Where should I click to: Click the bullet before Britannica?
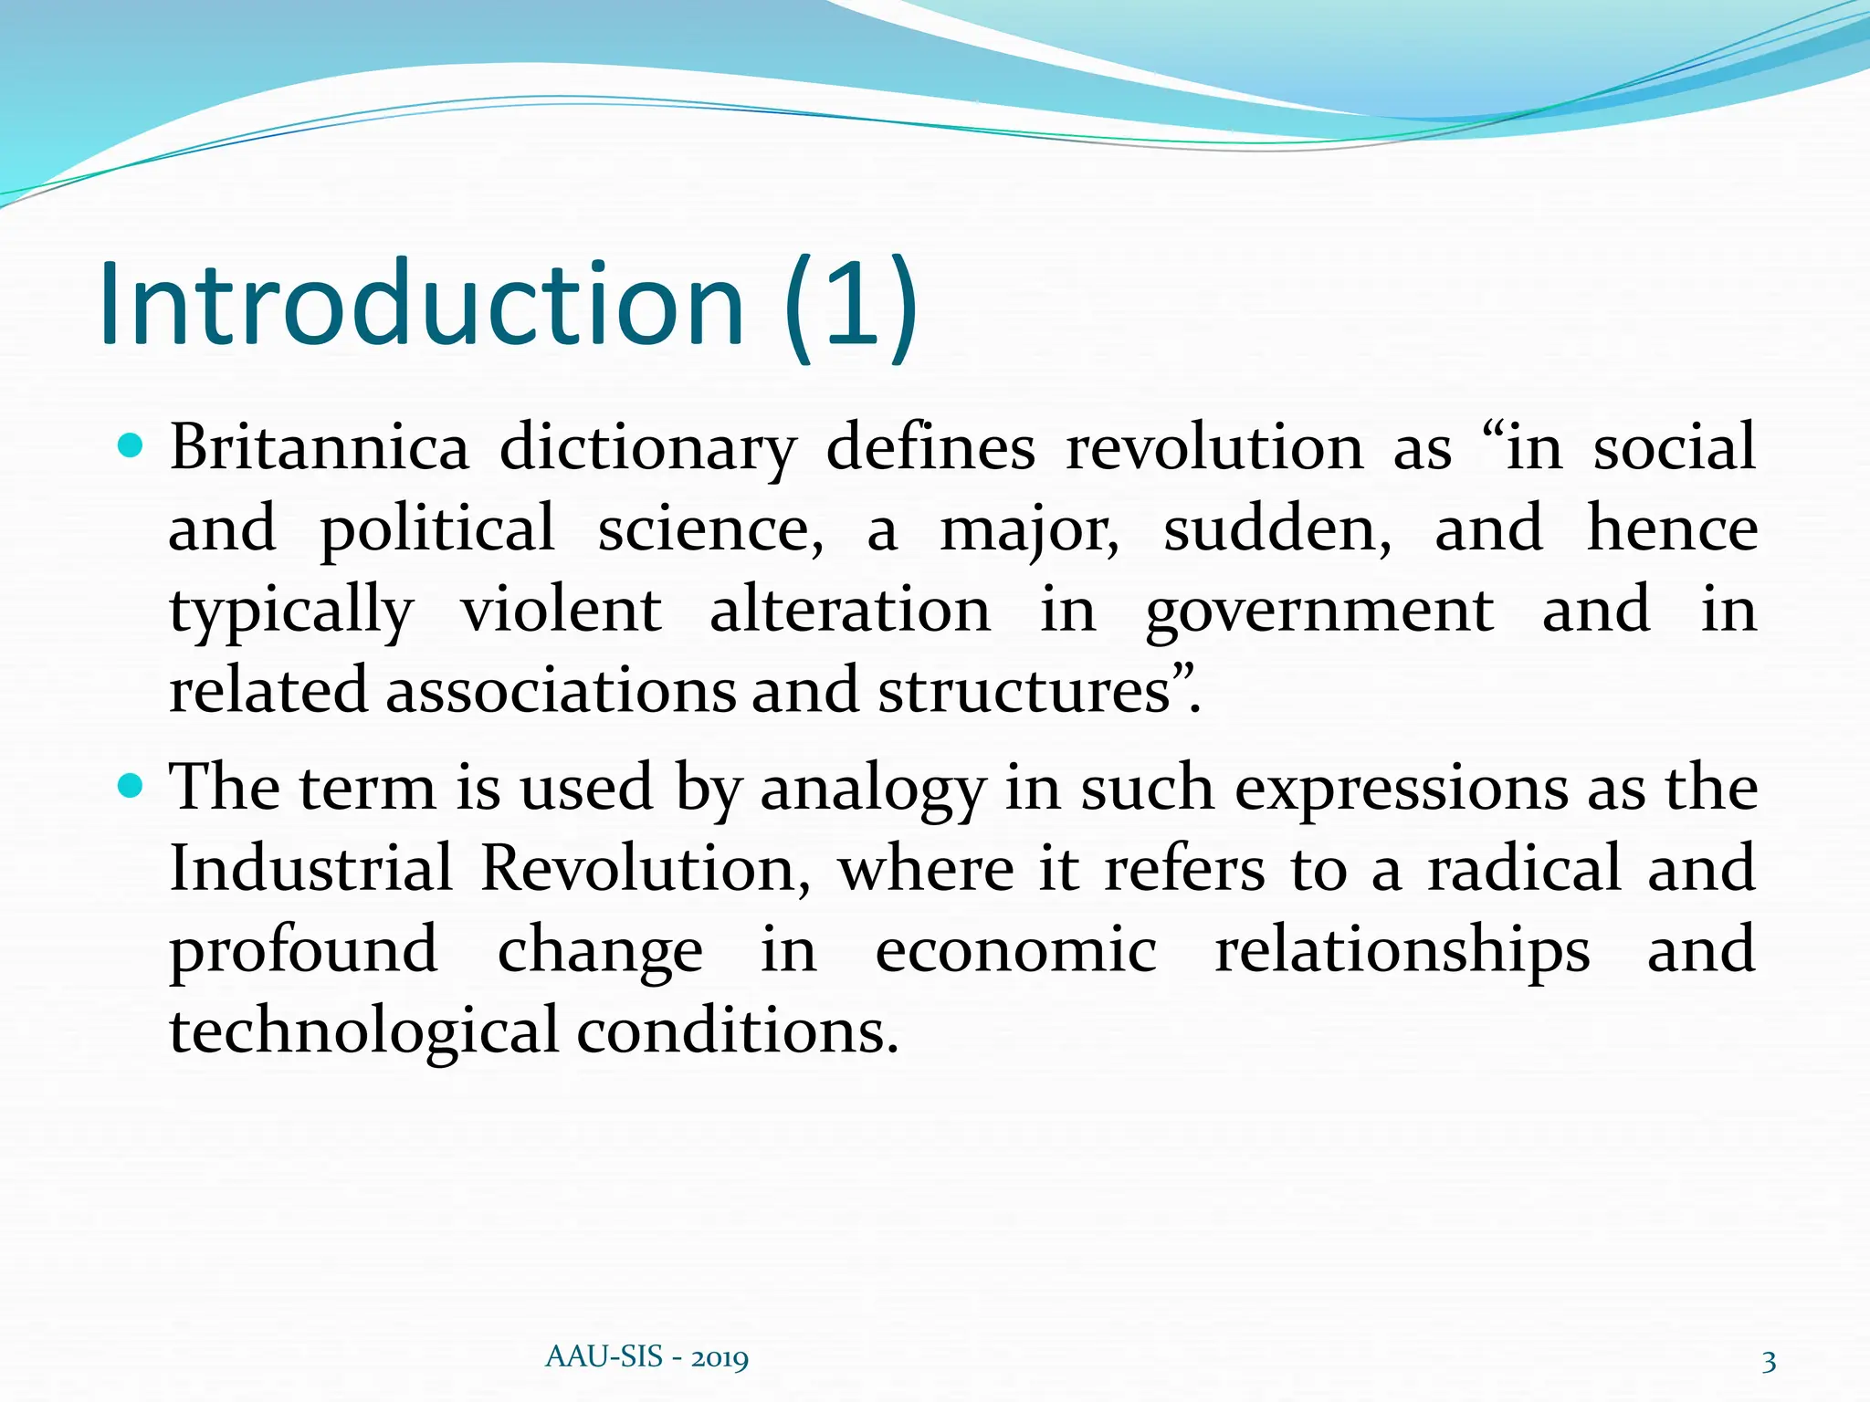[131, 446]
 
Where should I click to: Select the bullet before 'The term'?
[131, 785]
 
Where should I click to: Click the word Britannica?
[319, 447]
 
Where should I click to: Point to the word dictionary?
[647, 449]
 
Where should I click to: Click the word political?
[437, 529]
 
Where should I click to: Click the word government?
[1319, 612]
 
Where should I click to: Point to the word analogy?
[872, 790]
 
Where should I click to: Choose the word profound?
[304, 951]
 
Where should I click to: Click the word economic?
[1015, 949]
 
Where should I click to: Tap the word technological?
[363, 1031]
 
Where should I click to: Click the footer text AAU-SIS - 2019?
[646, 1357]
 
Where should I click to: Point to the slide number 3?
[1769, 1362]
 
